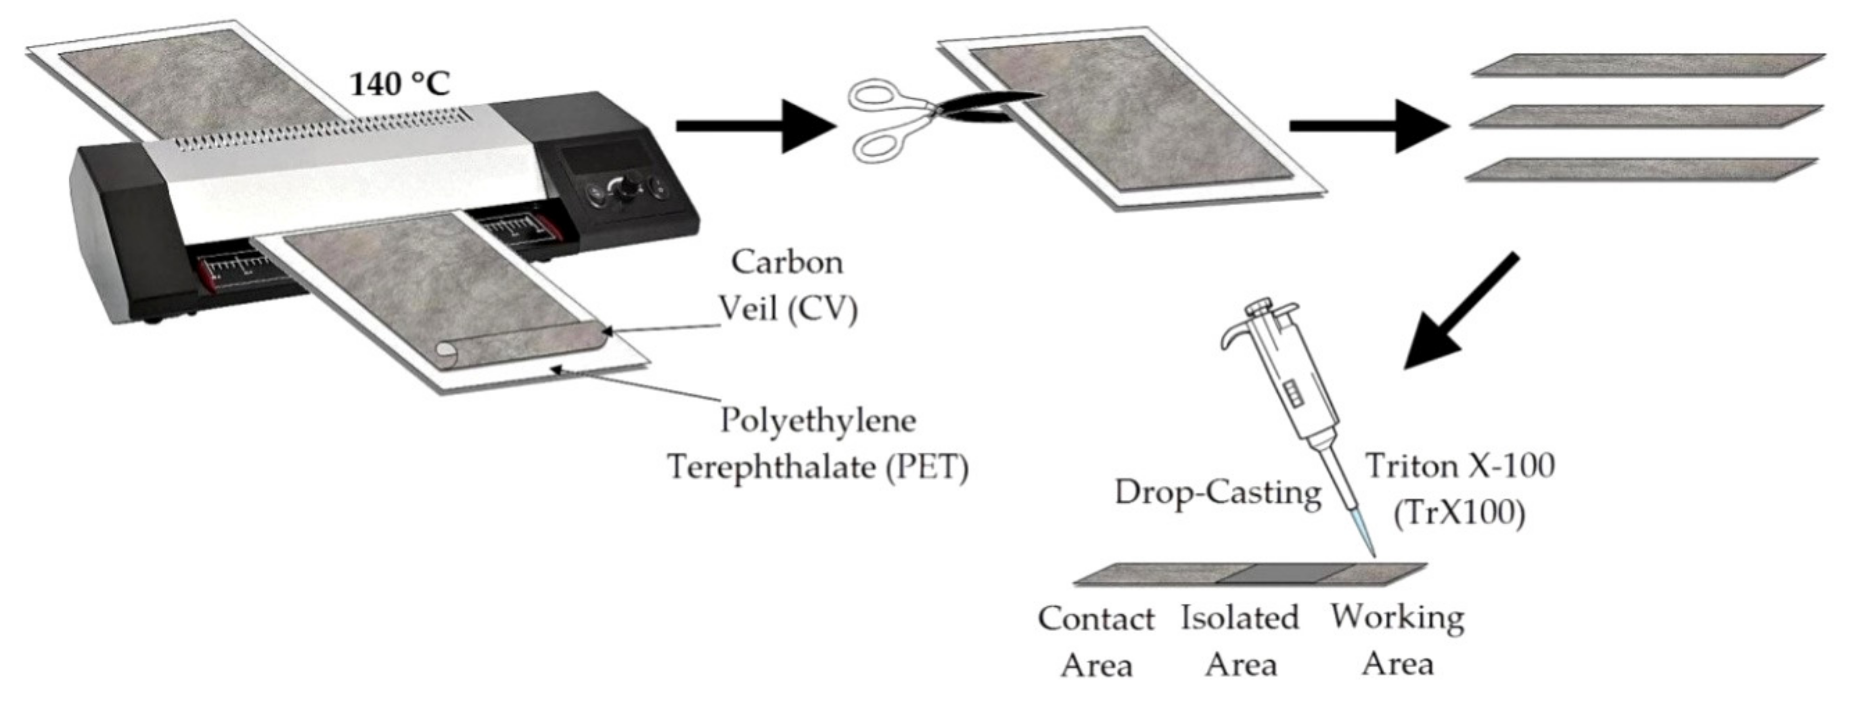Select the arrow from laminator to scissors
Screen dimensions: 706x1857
753,126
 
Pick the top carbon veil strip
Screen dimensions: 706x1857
1647,64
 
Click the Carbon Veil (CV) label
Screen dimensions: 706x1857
788,285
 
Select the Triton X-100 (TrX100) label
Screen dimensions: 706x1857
1460,490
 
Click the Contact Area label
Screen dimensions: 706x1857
1096,641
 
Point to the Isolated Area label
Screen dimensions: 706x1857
1240,641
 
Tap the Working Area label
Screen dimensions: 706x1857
1397,640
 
